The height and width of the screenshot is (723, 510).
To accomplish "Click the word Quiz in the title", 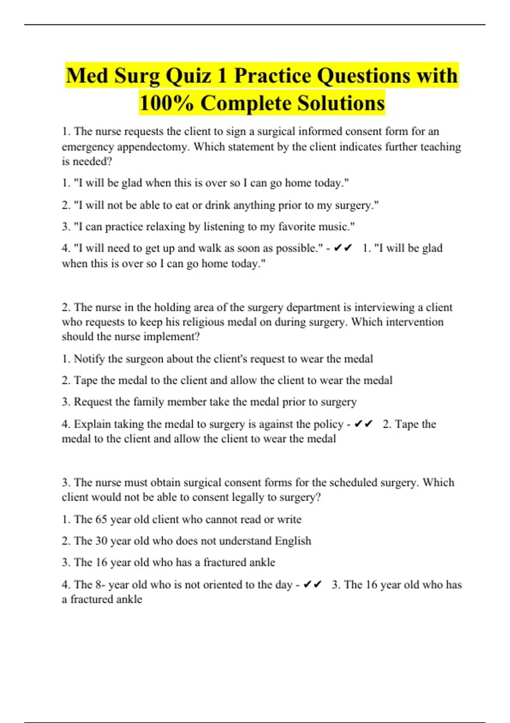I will tap(187, 76).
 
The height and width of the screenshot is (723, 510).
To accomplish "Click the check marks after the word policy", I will tap(363, 424).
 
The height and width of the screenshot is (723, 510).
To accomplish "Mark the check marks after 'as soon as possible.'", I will tap(343, 248).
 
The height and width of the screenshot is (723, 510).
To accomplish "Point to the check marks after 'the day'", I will tap(313, 585).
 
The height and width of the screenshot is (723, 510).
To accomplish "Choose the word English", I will tap(293, 541).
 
